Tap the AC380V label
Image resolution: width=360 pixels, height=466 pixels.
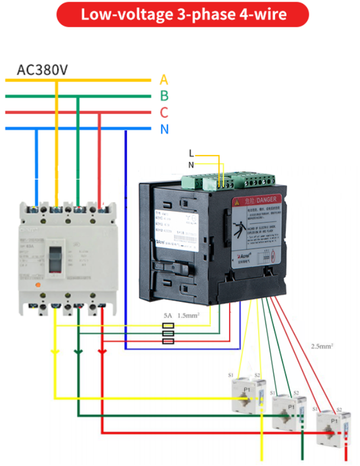tap(43, 70)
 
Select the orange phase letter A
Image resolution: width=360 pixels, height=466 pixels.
tap(164, 80)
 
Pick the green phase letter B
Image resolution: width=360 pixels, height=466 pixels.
tap(164, 97)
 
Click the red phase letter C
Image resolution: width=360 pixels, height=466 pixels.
tap(164, 113)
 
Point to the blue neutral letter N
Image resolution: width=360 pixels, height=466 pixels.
tap(164, 129)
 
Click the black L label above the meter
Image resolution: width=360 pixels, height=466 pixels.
tap(191, 153)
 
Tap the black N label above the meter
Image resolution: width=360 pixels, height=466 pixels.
tap(191, 164)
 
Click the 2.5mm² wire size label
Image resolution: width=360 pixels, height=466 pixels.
tap(322, 346)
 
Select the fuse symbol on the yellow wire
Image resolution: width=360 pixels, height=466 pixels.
tap(169, 326)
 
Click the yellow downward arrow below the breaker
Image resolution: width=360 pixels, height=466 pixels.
tap(55, 352)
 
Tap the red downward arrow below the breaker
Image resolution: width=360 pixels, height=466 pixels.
tap(102, 352)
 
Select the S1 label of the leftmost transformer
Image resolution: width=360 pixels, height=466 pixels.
tap(231, 376)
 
